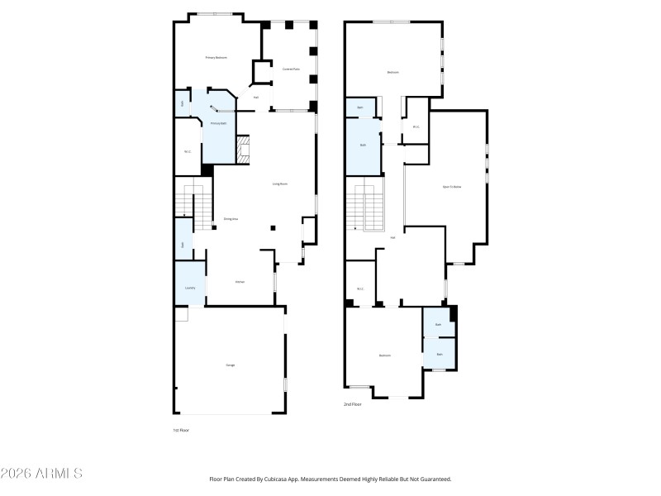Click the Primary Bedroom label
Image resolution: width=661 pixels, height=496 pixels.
point(216,57)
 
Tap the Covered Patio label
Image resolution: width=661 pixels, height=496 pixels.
point(291,69)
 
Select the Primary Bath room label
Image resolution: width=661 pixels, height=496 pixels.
point(218,123)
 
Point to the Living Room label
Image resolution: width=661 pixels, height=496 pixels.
point(280,184)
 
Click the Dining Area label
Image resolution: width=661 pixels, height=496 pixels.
point(231,219)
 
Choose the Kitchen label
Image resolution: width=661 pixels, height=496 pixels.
point(240,282)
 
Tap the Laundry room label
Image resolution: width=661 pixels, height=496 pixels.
point(190,288)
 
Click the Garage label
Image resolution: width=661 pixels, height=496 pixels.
point(231,365)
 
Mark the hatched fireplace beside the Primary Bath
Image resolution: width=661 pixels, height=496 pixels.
point(243,150)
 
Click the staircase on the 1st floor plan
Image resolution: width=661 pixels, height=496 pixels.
point(193,208)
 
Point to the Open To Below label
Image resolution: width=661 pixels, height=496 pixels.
point(452,187)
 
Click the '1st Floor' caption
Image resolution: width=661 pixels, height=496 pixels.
point(181,431)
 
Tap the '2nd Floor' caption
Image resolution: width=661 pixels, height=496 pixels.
point(354,404)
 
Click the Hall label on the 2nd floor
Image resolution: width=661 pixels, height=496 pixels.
point(392,237)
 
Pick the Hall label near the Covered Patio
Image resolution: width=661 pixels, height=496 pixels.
point(256,98)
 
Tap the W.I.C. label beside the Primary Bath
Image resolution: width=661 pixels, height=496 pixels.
point(188,151)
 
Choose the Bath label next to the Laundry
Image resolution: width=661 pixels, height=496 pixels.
point(183,245)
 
